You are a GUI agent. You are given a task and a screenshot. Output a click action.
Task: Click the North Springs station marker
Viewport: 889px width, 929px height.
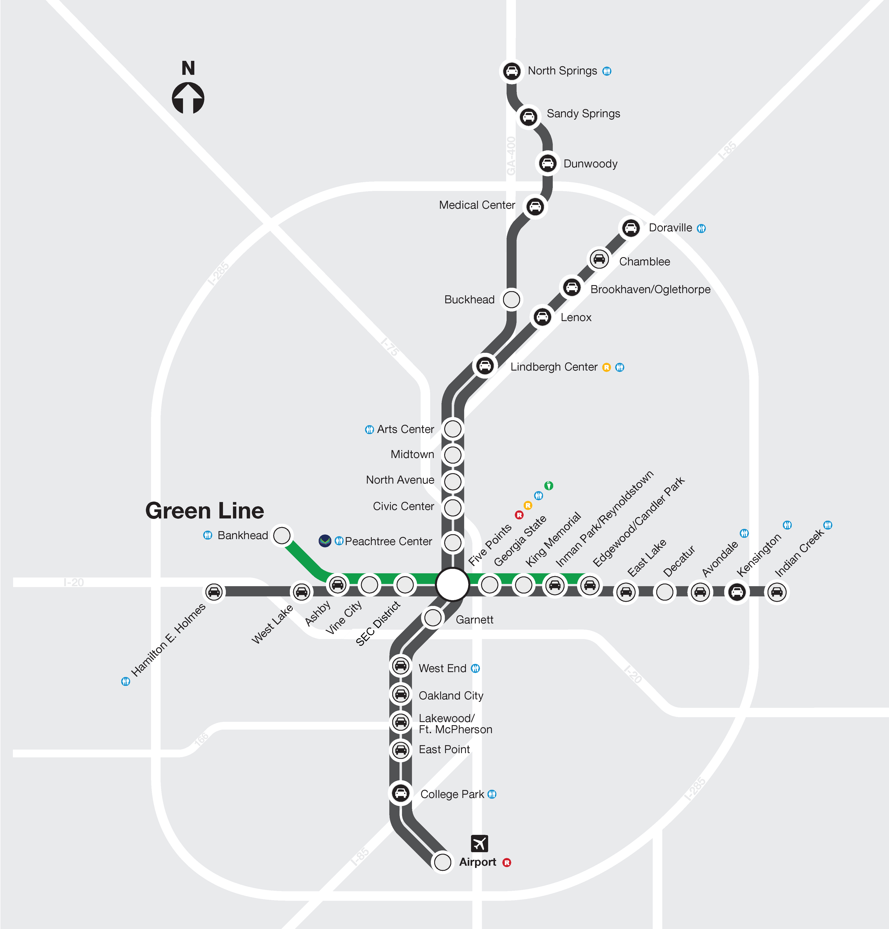(512, 71)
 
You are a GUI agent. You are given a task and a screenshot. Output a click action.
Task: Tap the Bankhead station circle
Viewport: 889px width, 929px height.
(282, 535)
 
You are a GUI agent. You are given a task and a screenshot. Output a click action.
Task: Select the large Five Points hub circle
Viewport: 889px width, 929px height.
(453, 585)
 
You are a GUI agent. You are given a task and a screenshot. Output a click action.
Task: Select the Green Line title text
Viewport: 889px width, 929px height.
(205, 511)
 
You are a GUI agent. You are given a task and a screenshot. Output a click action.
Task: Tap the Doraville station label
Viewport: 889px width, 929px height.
(670, 228)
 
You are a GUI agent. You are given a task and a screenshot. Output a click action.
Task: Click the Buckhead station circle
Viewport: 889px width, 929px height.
(511, 299)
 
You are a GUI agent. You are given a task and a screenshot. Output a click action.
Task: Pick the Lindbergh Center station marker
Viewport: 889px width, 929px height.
(485, 366)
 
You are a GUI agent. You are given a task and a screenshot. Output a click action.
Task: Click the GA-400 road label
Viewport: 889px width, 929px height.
(511, 155)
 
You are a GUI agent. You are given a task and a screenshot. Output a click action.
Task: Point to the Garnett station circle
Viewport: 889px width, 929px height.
(433, 618)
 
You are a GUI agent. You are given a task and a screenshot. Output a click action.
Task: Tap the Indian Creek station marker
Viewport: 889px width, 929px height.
(777, 592)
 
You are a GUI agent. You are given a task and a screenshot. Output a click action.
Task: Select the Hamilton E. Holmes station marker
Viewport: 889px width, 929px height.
(214, 592)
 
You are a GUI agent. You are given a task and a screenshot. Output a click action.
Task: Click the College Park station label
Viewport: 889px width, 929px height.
(452, 794)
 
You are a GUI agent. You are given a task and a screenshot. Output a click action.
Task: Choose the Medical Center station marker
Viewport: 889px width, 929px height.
(535, 206)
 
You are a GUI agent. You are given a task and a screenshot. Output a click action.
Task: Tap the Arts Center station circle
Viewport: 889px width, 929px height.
(453, 429)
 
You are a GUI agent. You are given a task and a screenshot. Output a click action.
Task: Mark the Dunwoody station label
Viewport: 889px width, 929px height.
(591, 164)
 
